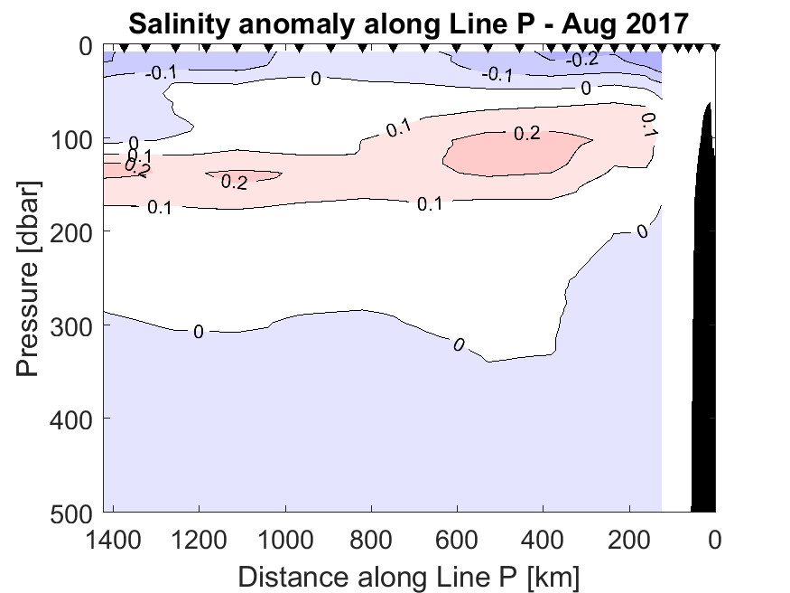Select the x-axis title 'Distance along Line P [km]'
409,575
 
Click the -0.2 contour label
582,60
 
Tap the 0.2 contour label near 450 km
526,134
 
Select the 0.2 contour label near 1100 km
234,182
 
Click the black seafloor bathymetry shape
705,362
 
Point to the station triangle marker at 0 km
715,48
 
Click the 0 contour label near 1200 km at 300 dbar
198,332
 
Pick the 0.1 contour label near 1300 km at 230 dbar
159,208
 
